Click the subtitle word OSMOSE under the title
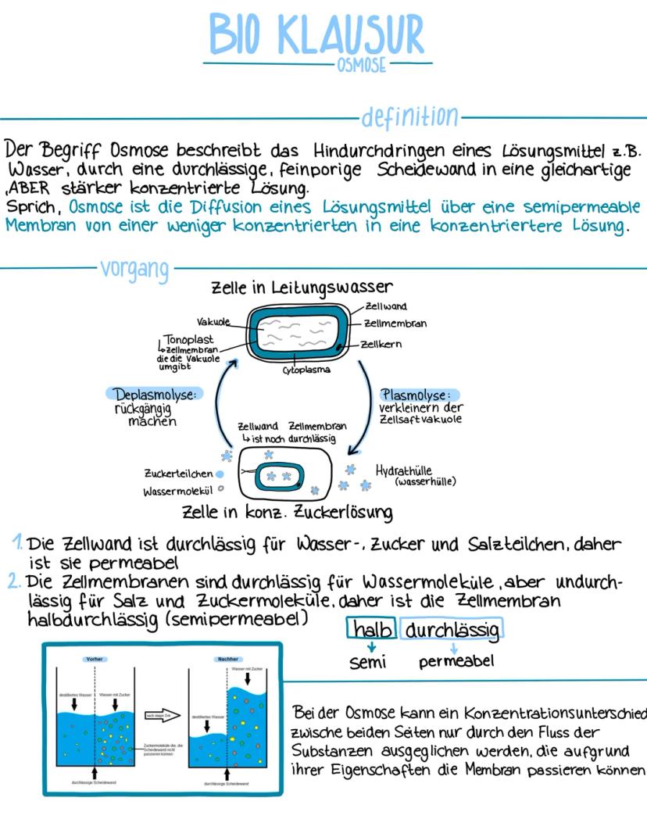[361, 66]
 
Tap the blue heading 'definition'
[409, 117]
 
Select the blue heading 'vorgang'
[134, 270]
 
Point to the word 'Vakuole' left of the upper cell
[213, 321]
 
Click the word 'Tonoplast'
[188, 340]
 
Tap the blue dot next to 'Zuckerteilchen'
[220, 474]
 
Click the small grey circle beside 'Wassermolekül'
[220, 490]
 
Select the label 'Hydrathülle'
[405, 470]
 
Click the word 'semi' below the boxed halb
[368, 662]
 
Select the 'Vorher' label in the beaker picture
[95, 659]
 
